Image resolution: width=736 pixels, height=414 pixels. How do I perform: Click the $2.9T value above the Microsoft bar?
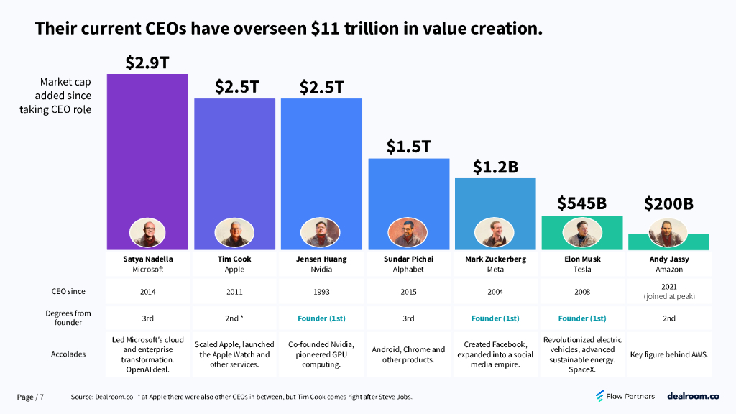click(x=147, y=63)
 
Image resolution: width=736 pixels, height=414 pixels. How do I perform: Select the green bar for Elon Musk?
click(x=582, y=224)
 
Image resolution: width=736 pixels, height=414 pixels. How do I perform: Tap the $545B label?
click(x=582, y=203)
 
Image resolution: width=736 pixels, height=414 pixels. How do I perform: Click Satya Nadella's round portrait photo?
click(x=147, y=233)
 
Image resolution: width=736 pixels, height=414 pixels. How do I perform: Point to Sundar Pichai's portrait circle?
click(x=408, y=233)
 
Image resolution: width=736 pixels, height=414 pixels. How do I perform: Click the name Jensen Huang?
click(x=321, y=259)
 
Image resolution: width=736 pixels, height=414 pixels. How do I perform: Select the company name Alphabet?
click(x=408, y=270)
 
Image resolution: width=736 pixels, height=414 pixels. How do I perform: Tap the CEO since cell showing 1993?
click(x=321, y=292)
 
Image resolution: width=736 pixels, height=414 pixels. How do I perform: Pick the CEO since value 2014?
click(x=147, y=292)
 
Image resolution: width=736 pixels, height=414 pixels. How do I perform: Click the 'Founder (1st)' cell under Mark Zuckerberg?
click(x=495, y=318)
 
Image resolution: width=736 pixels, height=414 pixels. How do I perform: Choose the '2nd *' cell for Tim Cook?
click(x=234, y=318)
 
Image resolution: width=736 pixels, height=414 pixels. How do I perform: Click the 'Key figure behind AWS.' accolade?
click(x=669, y=354)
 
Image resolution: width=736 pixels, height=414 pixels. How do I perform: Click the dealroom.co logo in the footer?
click(x=692, y=396)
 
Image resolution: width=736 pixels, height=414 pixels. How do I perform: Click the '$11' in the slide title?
click(x=326, y=29)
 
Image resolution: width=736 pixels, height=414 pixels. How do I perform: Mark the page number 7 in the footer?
click(x=42, y=397)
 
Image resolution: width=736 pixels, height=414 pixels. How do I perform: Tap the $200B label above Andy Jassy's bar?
click(x=669, y=203)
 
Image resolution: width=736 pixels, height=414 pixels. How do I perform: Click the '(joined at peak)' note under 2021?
click(x=669, y=296)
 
